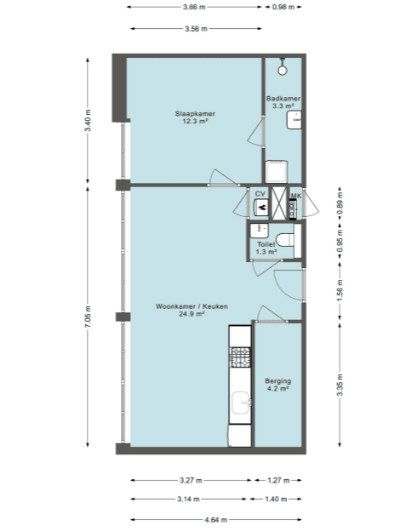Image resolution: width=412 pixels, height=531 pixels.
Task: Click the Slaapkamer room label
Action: [x=195, y=114]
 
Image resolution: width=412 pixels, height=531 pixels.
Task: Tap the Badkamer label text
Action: [x=283, y=99]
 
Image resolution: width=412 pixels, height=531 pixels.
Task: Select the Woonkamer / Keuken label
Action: [x=192, y=306]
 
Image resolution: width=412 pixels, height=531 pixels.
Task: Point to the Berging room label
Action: [x=278, y=381]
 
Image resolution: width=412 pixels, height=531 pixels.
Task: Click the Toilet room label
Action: [x=266, y=244]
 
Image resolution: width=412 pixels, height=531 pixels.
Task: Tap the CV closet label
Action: [x=260, y=194]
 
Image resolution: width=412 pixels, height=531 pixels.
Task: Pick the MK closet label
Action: [x=296, y=196]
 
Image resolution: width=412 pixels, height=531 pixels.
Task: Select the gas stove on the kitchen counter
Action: [x=240, y=357]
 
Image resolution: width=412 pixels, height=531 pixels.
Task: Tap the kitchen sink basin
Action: [x=242, y=403]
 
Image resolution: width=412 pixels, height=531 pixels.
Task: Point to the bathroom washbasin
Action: [x=294, y=120]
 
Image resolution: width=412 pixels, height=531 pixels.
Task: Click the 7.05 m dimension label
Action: [x=88, y=317]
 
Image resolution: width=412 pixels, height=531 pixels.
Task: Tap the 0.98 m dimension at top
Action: [x=283, y=7]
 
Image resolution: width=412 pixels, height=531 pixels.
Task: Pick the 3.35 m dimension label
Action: [x=340, y=385]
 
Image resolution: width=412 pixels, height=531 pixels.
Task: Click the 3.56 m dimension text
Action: [x=196, y=29]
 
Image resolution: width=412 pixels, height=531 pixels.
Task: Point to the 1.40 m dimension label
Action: [x=276, y=499]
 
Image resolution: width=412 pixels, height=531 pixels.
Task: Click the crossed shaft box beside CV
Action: [x=279, y=203]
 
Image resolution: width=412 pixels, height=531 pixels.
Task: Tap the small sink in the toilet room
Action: [x=259, y=231]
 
